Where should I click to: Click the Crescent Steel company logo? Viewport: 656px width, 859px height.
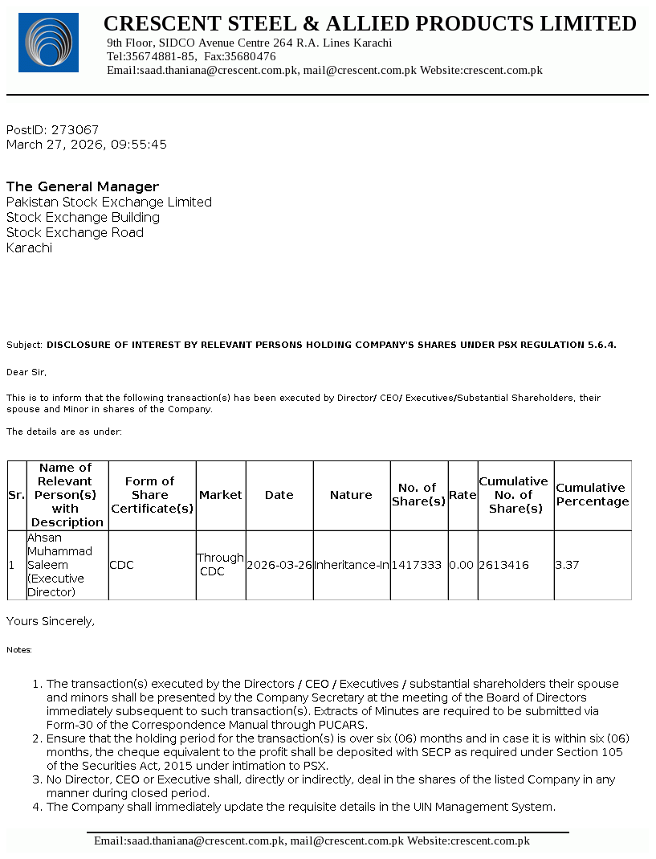tap(48, 43)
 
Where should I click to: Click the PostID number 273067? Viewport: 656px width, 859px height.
tap(75, 130)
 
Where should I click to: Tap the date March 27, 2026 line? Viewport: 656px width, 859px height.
tap(86, 145)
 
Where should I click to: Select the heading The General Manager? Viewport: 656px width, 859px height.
tap(83, 187)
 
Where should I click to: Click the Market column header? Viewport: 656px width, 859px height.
tap(220, 495)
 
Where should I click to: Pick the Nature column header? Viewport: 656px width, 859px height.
tap(351, 495)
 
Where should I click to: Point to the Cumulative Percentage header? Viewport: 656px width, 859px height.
tap(593, 495)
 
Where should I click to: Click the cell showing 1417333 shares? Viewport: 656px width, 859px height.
tap(417, 566)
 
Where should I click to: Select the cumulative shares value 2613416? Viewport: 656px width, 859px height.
tap(504, 566)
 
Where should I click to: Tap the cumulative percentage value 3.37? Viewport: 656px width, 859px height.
tap(567, 566)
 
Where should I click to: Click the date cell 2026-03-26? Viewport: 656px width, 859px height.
tap(279, 566)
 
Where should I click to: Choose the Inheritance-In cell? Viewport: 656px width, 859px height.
tap(351, 566)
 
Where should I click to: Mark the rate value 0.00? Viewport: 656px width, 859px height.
tap(462, 566)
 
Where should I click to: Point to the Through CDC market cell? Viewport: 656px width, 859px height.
tap(220, 565)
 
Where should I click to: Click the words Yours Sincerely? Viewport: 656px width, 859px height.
tap(51, 621)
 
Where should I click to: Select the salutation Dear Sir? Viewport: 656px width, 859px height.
tap(26, 373)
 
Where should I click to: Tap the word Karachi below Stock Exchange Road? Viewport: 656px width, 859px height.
tap(30, 248)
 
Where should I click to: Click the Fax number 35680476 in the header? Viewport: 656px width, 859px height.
tap(251, 57)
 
